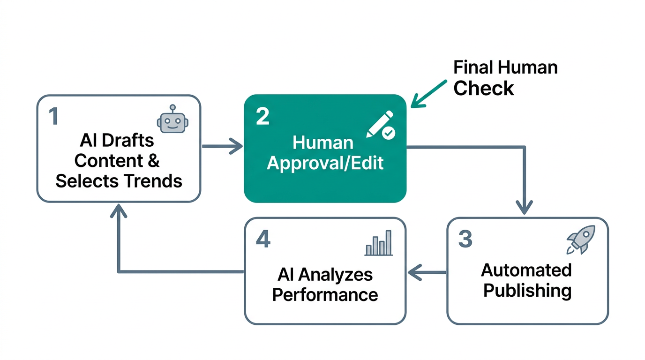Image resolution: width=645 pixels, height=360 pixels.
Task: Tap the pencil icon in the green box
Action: point(380,125)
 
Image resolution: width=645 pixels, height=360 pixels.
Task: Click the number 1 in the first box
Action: point(54,117)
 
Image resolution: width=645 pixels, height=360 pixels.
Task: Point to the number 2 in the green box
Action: point(262,117)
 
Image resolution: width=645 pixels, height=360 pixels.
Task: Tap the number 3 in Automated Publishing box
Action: point(465,239)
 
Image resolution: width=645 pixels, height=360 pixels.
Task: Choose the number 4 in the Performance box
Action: point(263,239)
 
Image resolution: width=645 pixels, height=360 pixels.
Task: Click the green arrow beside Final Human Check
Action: point(428,93)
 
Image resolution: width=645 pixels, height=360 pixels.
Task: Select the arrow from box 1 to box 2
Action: point(222,147)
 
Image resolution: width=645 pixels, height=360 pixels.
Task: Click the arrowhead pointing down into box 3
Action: point(524,207)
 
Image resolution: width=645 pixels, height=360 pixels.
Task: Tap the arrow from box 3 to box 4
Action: point(427,272)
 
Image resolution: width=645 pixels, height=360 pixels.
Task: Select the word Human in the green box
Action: point(322,142)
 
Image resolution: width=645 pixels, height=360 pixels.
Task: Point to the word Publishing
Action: point(527,291)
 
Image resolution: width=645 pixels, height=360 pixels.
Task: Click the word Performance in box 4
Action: point(325,295)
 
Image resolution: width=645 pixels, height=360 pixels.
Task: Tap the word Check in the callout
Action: point(484,88)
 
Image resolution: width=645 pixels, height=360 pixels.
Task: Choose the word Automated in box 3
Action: point(526,270)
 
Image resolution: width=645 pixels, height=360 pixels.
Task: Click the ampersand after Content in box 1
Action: point(154,161)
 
